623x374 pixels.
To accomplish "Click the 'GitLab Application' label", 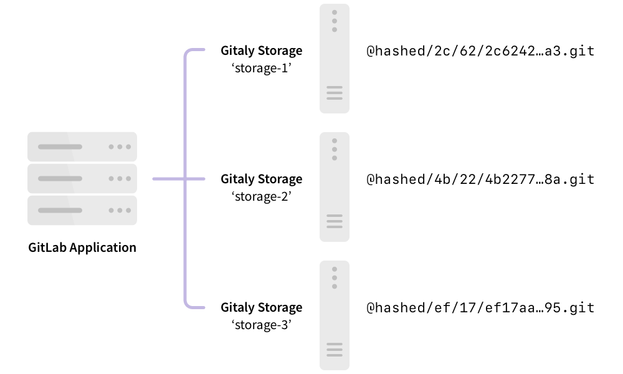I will (82, 247).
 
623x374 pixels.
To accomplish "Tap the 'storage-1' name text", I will (262, 68).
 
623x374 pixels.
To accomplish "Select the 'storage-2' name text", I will (262, 196).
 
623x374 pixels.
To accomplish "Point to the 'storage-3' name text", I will (262, 325).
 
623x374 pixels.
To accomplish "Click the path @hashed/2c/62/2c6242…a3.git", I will (480, 51).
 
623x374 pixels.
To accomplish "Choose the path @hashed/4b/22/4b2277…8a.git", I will (480, 180).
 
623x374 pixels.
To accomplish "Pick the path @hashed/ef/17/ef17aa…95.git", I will (480, 308).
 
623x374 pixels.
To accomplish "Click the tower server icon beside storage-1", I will (335, 59).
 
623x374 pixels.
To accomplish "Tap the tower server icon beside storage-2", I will (335, 187).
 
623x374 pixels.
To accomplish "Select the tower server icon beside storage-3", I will (335, 315).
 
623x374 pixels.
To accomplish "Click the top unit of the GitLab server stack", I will (82, 147).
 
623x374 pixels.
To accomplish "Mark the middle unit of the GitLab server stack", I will (82, 178).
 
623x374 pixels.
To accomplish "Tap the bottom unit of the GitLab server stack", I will (82, 210).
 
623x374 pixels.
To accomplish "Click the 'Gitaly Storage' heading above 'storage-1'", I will (262, 50).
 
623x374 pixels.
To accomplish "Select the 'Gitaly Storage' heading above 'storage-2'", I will (262, 179).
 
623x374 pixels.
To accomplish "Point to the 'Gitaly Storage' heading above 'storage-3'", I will (262, 307).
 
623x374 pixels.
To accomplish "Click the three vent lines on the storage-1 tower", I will (335, 93).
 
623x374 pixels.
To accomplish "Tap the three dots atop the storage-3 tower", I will (335, 277).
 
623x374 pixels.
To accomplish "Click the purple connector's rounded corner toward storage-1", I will (188, 54).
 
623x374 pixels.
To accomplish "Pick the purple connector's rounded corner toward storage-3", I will (188, 304).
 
